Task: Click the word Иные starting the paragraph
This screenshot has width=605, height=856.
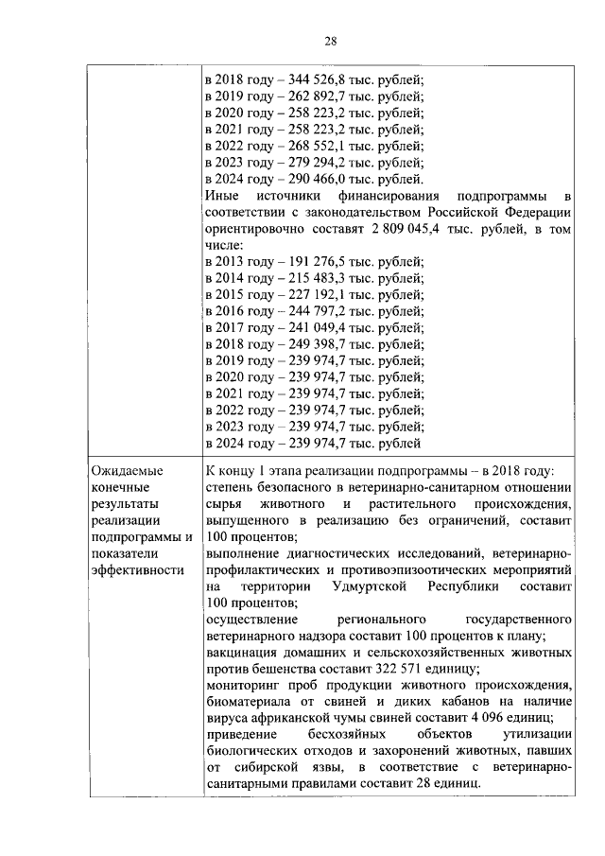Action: point(222,198)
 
